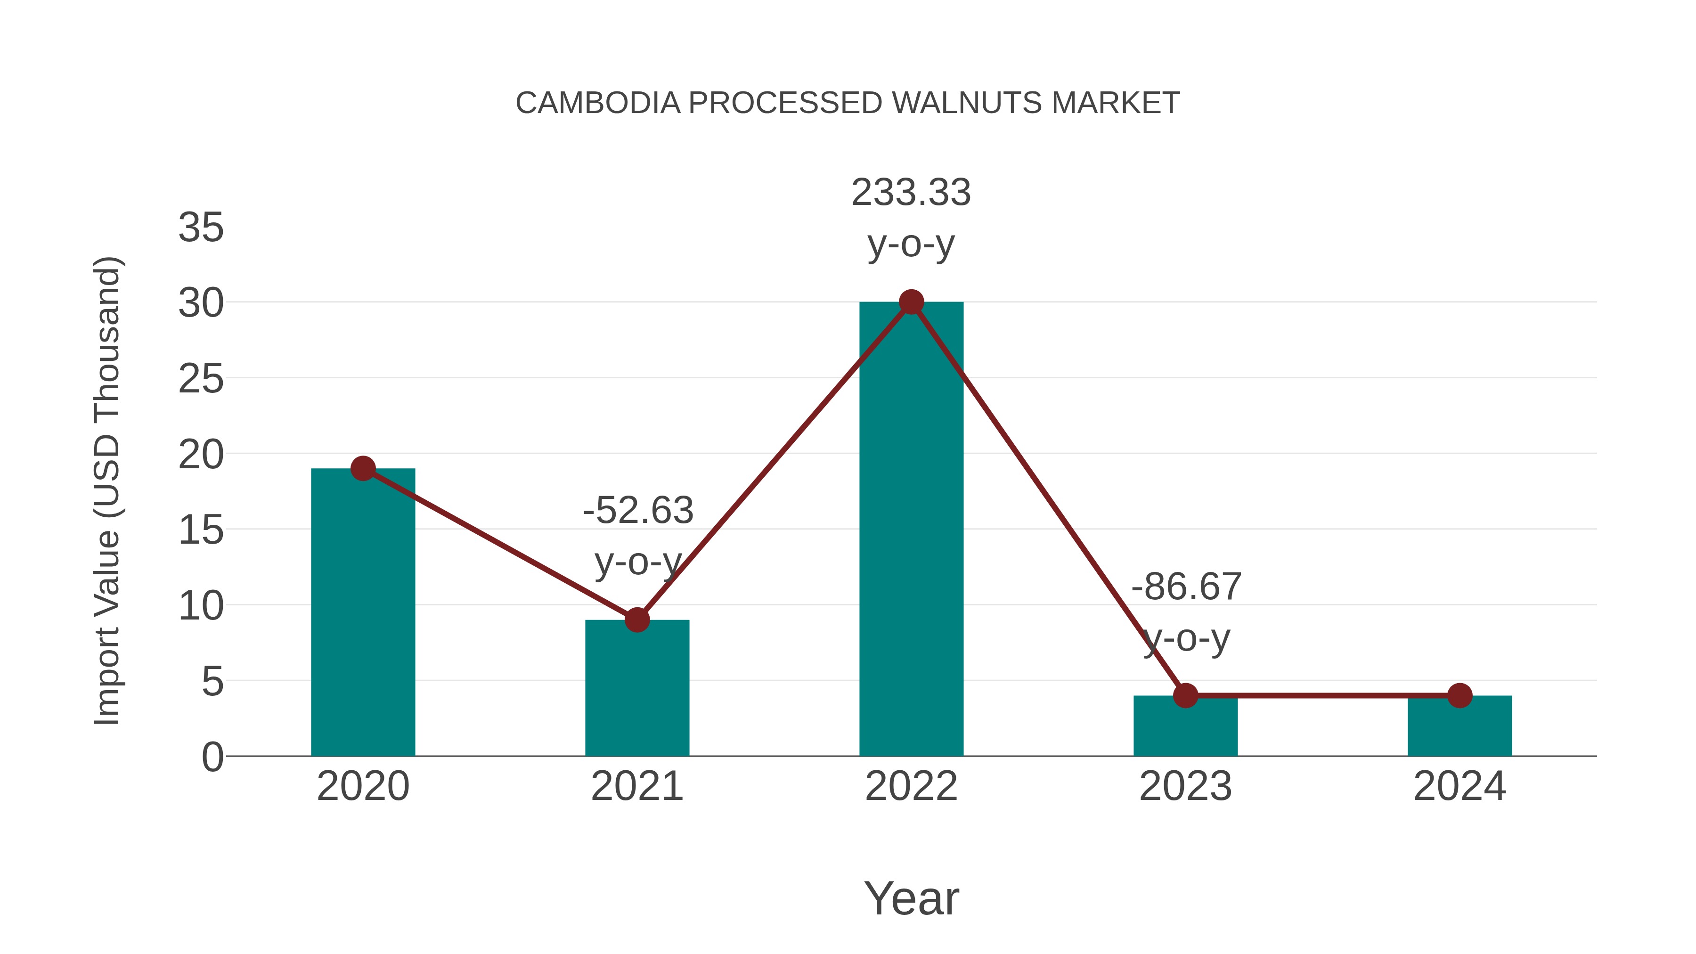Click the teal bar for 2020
click(x=363, y=612)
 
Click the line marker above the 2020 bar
click(x=363, y=469)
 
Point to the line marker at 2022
click(x=911, y=302)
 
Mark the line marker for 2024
click(x=1460, y=695)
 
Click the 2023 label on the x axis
click(x=1185, y=786)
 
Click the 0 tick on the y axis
click(x=212, y=757)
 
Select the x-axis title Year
click(x=911, y=898)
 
